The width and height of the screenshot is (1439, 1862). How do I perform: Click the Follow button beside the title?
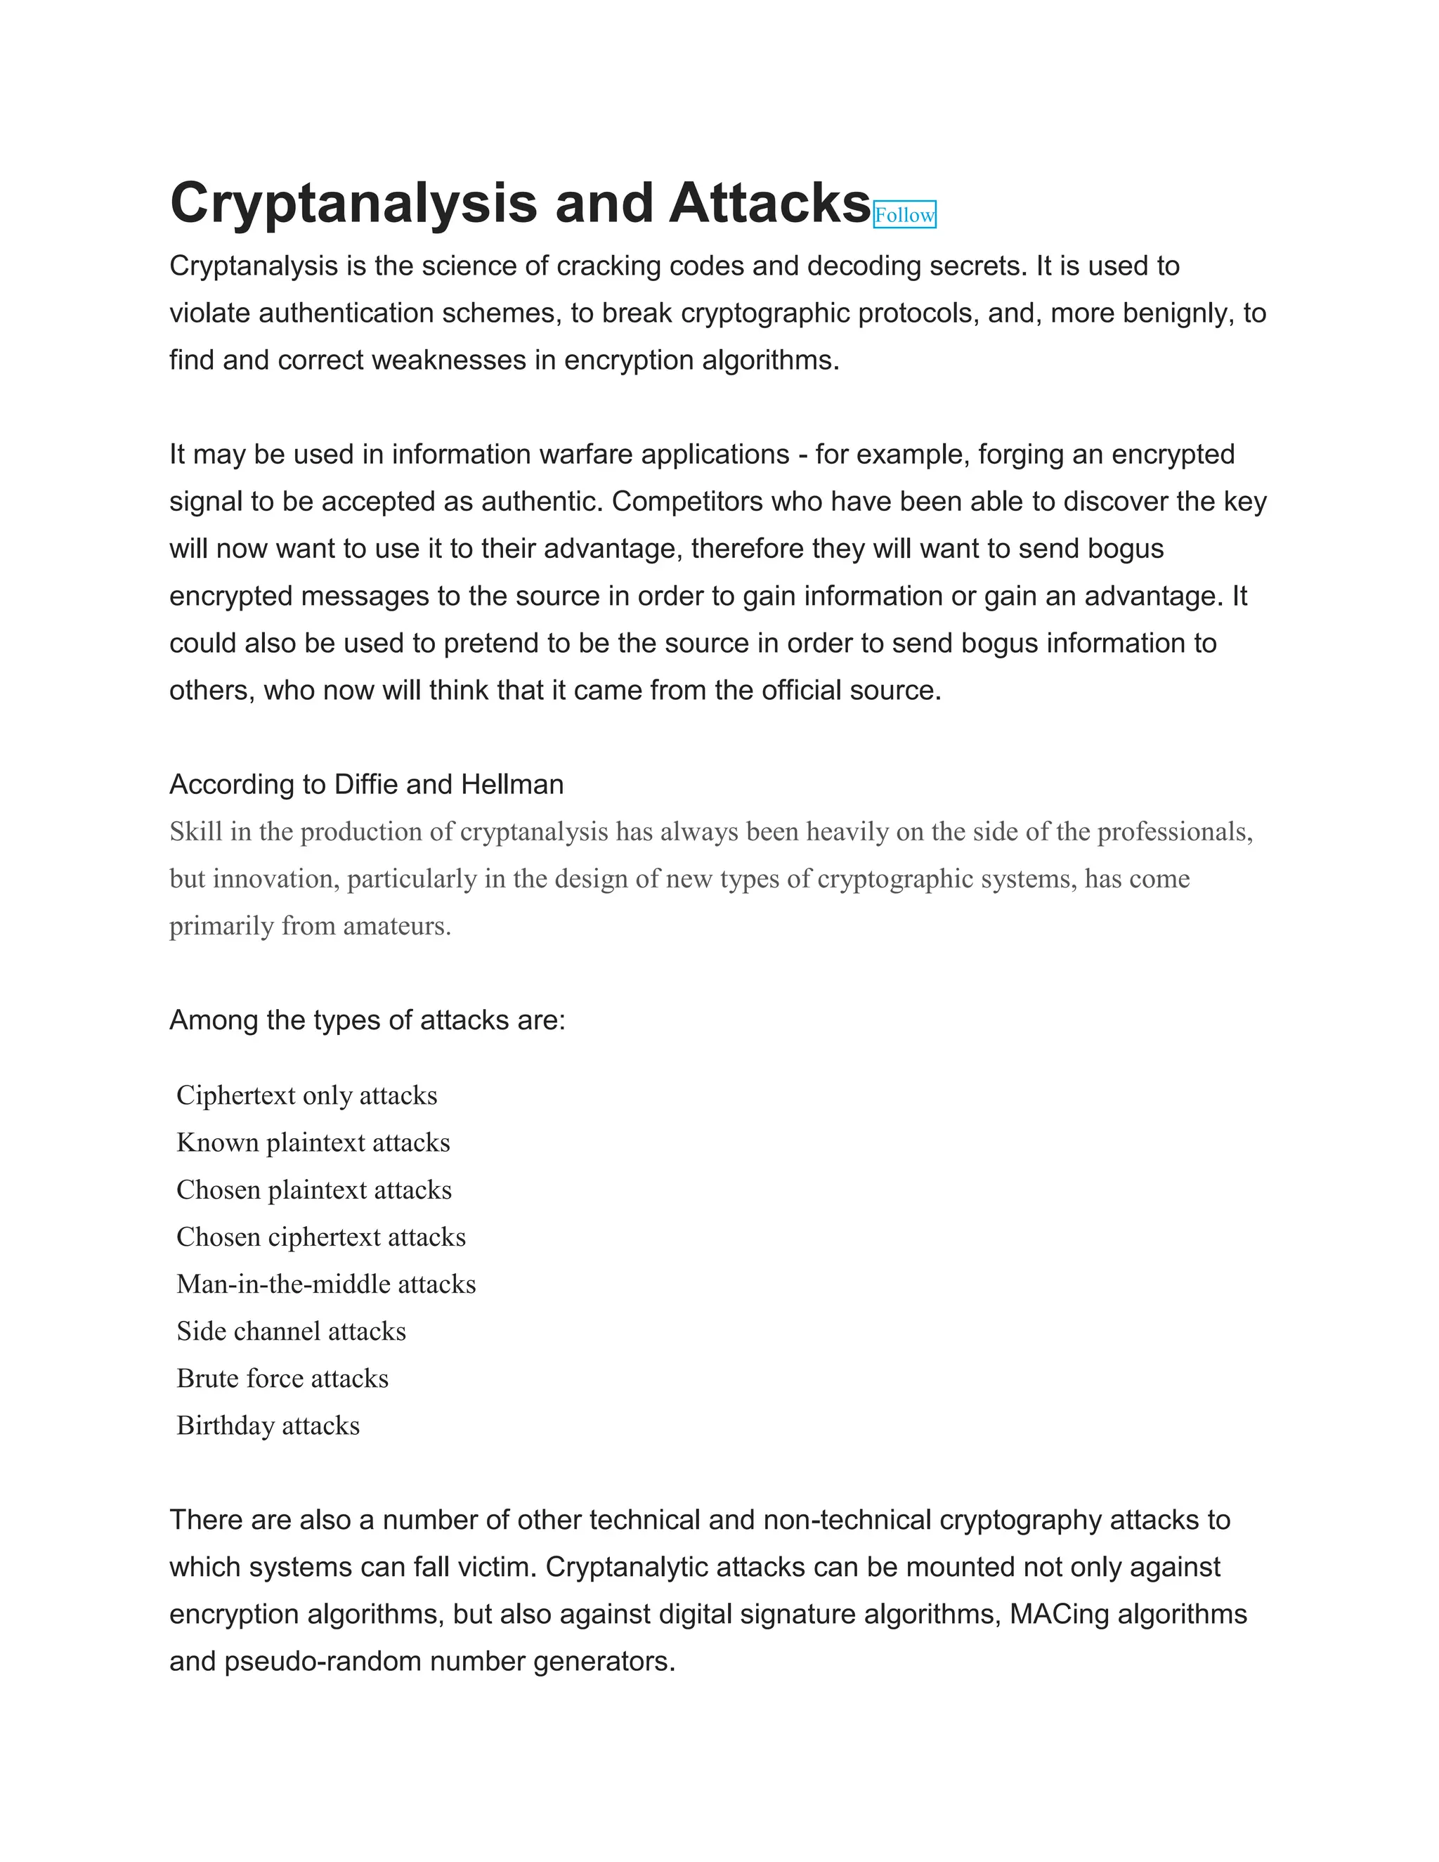[904, 215]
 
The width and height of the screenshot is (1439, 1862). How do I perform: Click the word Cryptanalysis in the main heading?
[353, 204]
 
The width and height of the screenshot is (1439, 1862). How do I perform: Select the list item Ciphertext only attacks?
[306, 1095]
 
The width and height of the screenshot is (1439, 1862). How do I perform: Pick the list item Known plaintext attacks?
[313, 1142]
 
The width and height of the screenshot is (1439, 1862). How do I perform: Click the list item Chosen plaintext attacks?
[313, 1190]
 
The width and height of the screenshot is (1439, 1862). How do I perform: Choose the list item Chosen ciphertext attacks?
[320, 1237]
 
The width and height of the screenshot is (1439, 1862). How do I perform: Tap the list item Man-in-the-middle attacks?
[325, 1284]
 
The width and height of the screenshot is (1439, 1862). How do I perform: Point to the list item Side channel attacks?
[291, 1332]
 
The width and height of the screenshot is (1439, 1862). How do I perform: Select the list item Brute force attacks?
[282, 1379]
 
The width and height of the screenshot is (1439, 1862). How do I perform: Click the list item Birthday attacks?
[268, 1426]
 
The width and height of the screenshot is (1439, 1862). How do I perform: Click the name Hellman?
[512, 784]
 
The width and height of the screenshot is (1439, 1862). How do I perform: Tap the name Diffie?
[365, 784]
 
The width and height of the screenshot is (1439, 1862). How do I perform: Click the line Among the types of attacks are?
[367, 1020]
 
